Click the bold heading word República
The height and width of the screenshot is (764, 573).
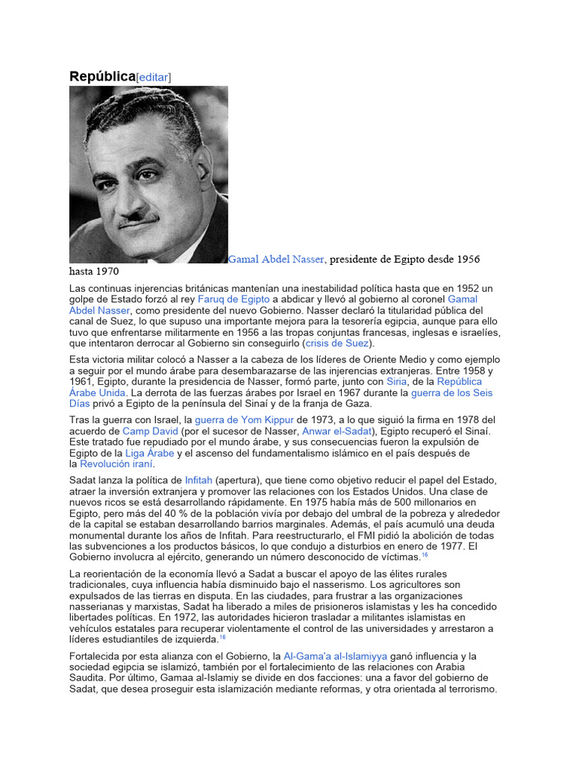(x=102, y=76)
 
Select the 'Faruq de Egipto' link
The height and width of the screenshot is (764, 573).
(x=231, y=298)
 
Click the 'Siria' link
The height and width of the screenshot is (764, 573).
(x=396, y=381)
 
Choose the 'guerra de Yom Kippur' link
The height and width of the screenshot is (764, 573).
(x=243, y=419)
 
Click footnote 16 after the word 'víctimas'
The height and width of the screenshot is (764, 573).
(x=425, y=556)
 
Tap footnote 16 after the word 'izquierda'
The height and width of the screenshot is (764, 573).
(x=222, y=639)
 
